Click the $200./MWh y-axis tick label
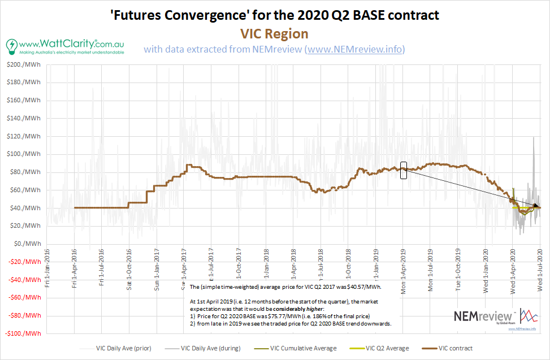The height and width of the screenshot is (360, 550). [x=24, y=65]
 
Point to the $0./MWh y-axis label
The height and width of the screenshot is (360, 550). [x=25, y=244]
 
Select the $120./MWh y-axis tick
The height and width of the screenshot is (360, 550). [x=24, y=136]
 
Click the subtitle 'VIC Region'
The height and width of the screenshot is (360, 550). [x=274, y=33]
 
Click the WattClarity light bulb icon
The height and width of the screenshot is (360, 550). [x=11, y=45]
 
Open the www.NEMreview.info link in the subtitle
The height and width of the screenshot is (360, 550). [x=354, y=50]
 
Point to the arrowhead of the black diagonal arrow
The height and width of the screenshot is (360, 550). [x=536, y=206]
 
